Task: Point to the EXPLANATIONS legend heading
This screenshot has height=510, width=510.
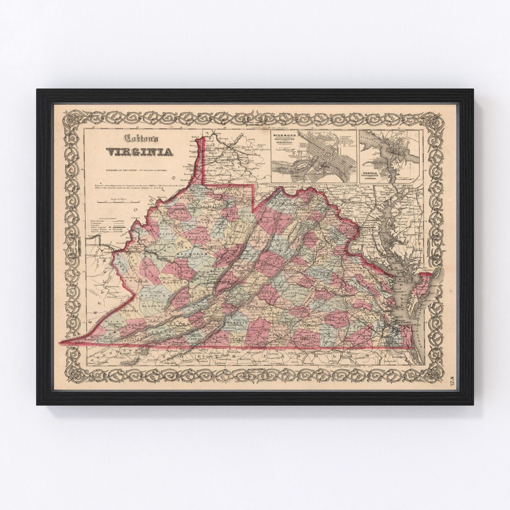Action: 105,218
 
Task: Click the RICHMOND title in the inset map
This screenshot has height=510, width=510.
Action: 281,135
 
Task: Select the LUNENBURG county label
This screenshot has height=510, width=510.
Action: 310,327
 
